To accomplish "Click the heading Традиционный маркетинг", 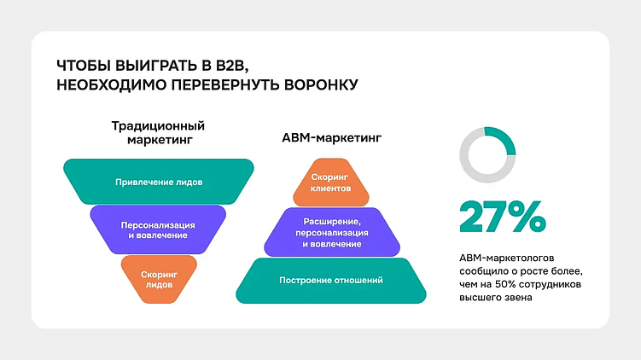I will (158, 132).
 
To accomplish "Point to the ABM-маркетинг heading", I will (331, 136).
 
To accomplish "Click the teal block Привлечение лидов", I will (159, 182).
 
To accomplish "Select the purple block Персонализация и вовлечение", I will (158, 229).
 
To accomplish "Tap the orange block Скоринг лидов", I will (159, 280).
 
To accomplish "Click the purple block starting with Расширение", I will (331, 231).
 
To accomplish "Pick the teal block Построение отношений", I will (331, 281).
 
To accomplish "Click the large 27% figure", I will (501, 217).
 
